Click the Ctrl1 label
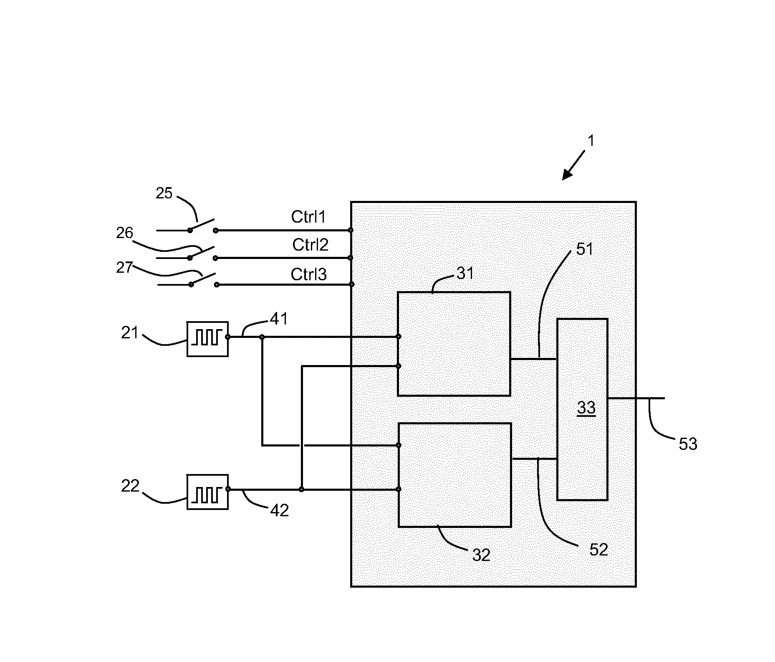308,217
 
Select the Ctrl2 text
310,245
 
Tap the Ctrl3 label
308,274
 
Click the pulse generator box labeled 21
207,339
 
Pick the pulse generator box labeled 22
207,492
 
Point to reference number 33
586,408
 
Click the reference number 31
465,274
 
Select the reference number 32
481,555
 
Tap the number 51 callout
584,249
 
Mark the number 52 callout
598,550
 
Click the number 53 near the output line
688,444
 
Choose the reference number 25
164,193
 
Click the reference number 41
279,320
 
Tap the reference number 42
279,510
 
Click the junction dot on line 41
262,337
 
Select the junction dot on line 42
301,489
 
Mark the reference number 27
124,267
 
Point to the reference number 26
124,233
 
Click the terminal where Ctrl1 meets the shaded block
351,230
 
